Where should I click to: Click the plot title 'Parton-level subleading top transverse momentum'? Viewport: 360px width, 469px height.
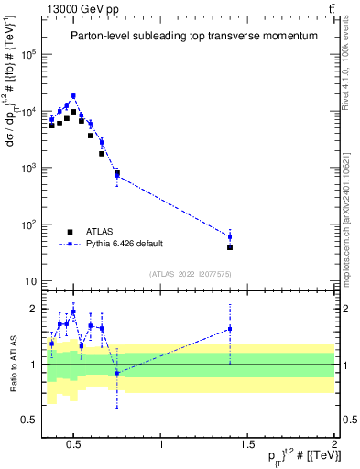[195, 36]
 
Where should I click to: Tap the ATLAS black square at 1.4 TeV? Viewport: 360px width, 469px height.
[230, 247]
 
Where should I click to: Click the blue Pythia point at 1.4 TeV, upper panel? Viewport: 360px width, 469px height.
[230, 236]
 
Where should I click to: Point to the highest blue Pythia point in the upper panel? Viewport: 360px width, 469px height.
[73, 95]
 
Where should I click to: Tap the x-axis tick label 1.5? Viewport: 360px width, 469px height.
[248, 446]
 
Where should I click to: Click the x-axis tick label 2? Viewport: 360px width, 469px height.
[333, 446]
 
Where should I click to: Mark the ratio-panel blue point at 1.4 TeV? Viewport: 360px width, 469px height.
[230, 329]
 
